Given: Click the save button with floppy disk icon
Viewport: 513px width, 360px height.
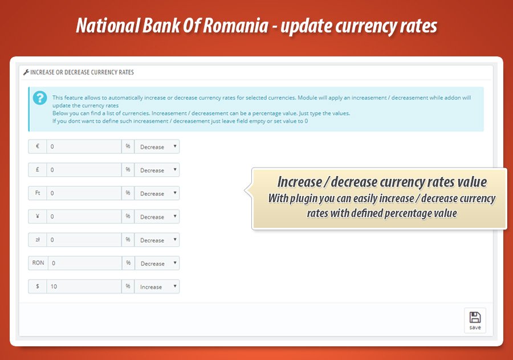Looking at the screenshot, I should (x=475, y=321).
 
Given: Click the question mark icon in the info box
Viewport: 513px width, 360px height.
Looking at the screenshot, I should (x=40, y=98).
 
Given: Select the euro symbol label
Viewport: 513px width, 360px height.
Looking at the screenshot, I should (x=37, y=147).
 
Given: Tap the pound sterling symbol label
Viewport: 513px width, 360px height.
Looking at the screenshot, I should (x=37, y=170).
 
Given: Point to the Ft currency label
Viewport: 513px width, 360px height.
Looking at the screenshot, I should (x=37, y=194).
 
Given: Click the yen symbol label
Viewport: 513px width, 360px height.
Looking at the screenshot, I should (x=37, y=217).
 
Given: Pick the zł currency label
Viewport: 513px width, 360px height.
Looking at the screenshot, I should (x=37, y=240).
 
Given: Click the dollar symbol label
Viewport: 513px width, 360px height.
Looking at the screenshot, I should (x=37, y=287).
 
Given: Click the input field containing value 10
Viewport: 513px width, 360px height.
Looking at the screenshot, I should (x=84, y=287).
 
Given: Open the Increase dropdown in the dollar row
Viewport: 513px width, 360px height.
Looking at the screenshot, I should (x=157, y=287).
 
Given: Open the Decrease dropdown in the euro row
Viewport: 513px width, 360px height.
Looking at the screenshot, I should (x=157, y=147).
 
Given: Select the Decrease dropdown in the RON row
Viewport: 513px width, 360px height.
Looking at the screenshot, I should (x=157, y=264).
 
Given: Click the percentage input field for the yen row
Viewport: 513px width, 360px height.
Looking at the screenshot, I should (x=84, y=217).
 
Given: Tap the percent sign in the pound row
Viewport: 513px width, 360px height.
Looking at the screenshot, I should (x=128, y=170).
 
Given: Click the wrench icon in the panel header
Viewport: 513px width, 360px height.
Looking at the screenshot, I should (x=26, y=73).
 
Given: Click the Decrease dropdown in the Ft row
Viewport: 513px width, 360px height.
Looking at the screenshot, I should (x=157, y=194).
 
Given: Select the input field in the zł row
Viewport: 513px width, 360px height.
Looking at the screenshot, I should (x=84, y=240).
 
